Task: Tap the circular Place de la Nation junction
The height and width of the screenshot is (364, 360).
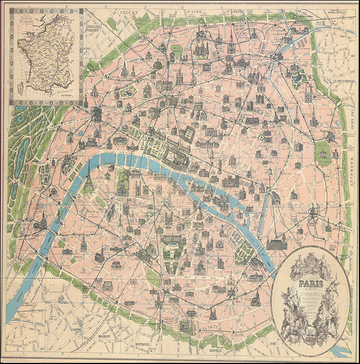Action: [x=315, y=211]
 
